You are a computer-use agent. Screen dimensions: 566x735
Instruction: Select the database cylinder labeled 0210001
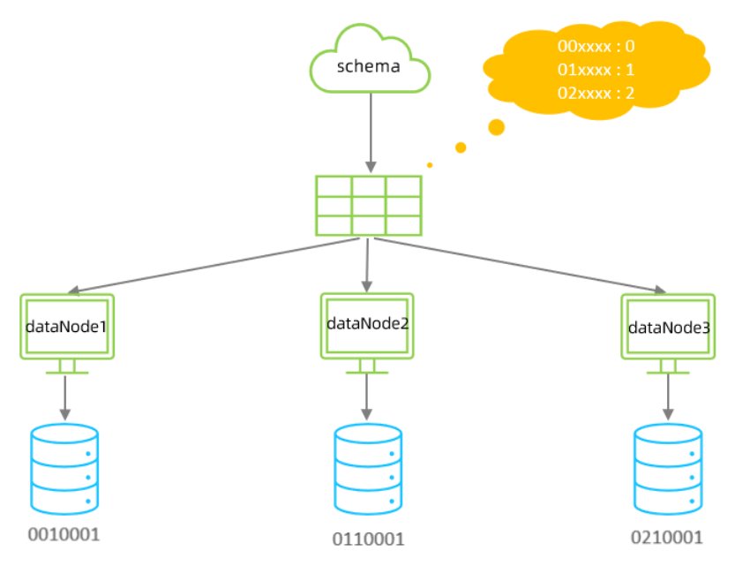[x=668, y=469]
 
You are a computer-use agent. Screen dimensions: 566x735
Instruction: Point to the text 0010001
[x=64, y=535]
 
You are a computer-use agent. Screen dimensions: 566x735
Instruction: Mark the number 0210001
[x=668, y=536]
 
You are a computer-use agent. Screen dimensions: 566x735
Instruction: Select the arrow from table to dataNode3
[x=521, y=265]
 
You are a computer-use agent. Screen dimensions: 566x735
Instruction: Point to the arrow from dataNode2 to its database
[x=367, y=395]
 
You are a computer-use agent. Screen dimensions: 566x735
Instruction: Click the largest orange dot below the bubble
[x=496, y=127]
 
